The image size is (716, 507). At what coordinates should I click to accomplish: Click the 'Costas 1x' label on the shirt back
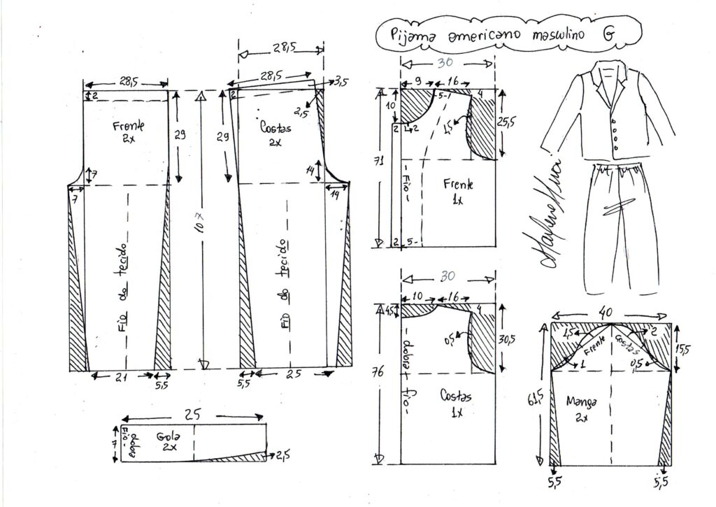(x=455, y=404)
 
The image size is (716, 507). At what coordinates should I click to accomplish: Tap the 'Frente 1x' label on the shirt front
(x=458, y=191)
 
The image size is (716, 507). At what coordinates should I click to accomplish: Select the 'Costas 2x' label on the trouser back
(x=275, y=135)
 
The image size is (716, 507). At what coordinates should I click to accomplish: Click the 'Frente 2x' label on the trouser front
(x=128, y=131)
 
